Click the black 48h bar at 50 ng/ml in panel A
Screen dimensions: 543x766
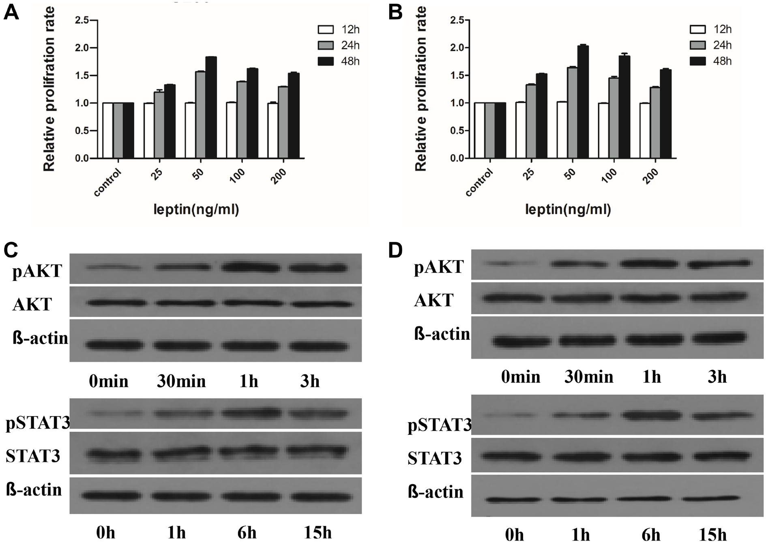click(x=211, y=107)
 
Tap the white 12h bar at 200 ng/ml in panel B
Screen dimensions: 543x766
click(x=645, y=131)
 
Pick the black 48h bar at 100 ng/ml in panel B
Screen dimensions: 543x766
click(x=624, y=107)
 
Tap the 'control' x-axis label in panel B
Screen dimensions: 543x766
click(x=480, y=182)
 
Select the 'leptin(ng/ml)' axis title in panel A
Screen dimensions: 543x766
click(x=196, y=209)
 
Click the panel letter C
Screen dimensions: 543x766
click(x=11, y=250)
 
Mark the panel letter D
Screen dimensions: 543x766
click(x=395, y=251)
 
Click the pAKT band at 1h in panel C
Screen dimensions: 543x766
click(x=250, y=268)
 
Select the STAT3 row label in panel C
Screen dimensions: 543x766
click(x=33, y=456)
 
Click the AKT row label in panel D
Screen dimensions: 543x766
click(x=433, y=300)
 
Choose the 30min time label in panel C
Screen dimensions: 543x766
click(x=181, y=381)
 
